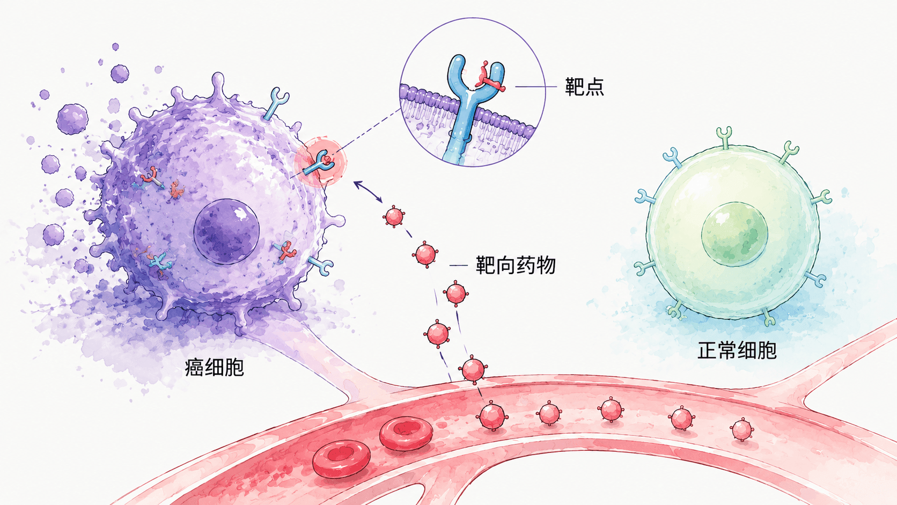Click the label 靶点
[x=584, y=86]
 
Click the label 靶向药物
[x=516, y=265]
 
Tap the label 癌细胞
[x=214, y=367]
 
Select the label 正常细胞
[x=737, y=350]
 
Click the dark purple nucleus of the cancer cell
[x=226, y=232]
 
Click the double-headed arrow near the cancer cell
[x=367, y=192]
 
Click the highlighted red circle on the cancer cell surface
[x=320, y=162]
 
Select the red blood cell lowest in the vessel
[x=341, y=459]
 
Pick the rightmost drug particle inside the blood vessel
[x=742, y=429]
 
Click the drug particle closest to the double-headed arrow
[x=394, y=217]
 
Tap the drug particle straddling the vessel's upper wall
[x=473, y=369]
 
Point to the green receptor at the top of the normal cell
[x=724, y=137]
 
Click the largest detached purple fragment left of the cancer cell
[x=72, y=119]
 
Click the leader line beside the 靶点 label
[x=536, y=86]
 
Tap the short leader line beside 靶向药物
[x=459, y=265]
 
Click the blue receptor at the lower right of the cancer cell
[x=321, y=266]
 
